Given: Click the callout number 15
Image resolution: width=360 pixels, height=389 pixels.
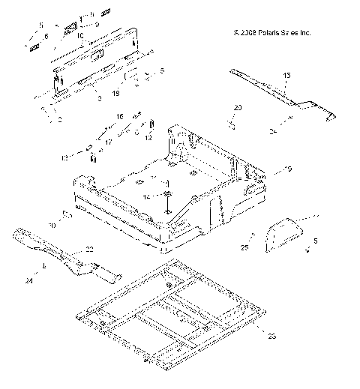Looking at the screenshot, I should [286, 76].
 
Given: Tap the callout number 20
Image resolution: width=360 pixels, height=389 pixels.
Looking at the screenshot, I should [238, 109].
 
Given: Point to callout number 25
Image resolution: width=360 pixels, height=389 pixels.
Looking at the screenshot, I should [244, 247].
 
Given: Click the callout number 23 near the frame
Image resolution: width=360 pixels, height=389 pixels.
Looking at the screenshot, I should [271, 337].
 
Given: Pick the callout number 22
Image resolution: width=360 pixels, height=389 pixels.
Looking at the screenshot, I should [89, 250].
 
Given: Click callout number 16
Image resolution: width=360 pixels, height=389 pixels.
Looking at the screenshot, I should [118, 118].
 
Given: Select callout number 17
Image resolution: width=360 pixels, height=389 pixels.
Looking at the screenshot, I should [108, 142].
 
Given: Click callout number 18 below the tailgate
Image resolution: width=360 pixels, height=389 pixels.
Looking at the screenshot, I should [115, 94].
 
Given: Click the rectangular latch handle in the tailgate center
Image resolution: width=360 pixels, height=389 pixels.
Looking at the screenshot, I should [97, 53].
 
